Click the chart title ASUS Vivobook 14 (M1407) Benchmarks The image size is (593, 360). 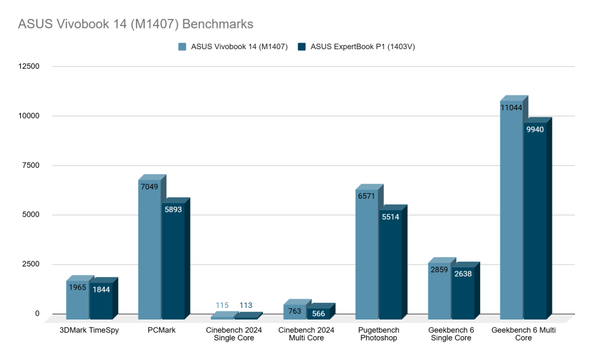coord(136,25)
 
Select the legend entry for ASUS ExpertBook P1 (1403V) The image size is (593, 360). coord(356,47)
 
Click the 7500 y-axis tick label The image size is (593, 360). coord(30,166)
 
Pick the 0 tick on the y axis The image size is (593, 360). coord(36,314)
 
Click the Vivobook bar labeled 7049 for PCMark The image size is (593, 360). coord(149,249)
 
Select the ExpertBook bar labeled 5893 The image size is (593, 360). coord(173,260)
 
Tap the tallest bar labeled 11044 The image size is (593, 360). coord(511,208)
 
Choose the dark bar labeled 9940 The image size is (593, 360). coord(535,220)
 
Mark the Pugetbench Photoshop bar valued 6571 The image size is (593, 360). coord(367,255)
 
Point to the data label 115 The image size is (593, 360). coord(222,306)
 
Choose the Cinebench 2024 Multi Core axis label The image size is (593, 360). coord(306,334)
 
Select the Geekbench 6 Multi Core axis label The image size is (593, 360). coord(524,334)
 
